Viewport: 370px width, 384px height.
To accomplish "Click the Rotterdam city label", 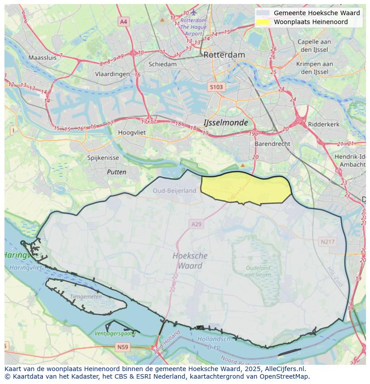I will point(224,55).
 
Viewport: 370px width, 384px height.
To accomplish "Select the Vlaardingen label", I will point(112,74).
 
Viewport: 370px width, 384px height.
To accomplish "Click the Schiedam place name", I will point(162,64).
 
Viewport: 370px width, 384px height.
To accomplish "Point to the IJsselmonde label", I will point(225,122).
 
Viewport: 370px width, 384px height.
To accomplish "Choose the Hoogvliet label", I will point(132,132).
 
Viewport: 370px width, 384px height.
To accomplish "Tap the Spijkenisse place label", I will point(103,158).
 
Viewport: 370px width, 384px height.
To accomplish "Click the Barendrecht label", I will point(272,144).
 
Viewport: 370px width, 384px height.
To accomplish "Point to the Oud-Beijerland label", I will point(174,190).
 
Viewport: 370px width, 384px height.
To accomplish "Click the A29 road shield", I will point(196,224).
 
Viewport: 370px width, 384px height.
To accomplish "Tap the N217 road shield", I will point(328,242).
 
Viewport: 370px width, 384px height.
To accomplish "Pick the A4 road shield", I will point(123,21).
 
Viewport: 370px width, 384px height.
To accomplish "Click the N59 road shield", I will point(123,347).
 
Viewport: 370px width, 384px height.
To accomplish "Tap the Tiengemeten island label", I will point(86,297).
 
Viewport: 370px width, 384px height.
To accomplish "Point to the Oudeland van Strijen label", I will point(258,271).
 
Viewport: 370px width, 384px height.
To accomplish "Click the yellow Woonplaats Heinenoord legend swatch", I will point(263,22).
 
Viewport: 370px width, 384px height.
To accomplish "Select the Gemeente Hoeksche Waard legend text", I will point(316,13).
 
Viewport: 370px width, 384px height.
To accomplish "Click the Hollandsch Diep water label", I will point(214,343).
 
